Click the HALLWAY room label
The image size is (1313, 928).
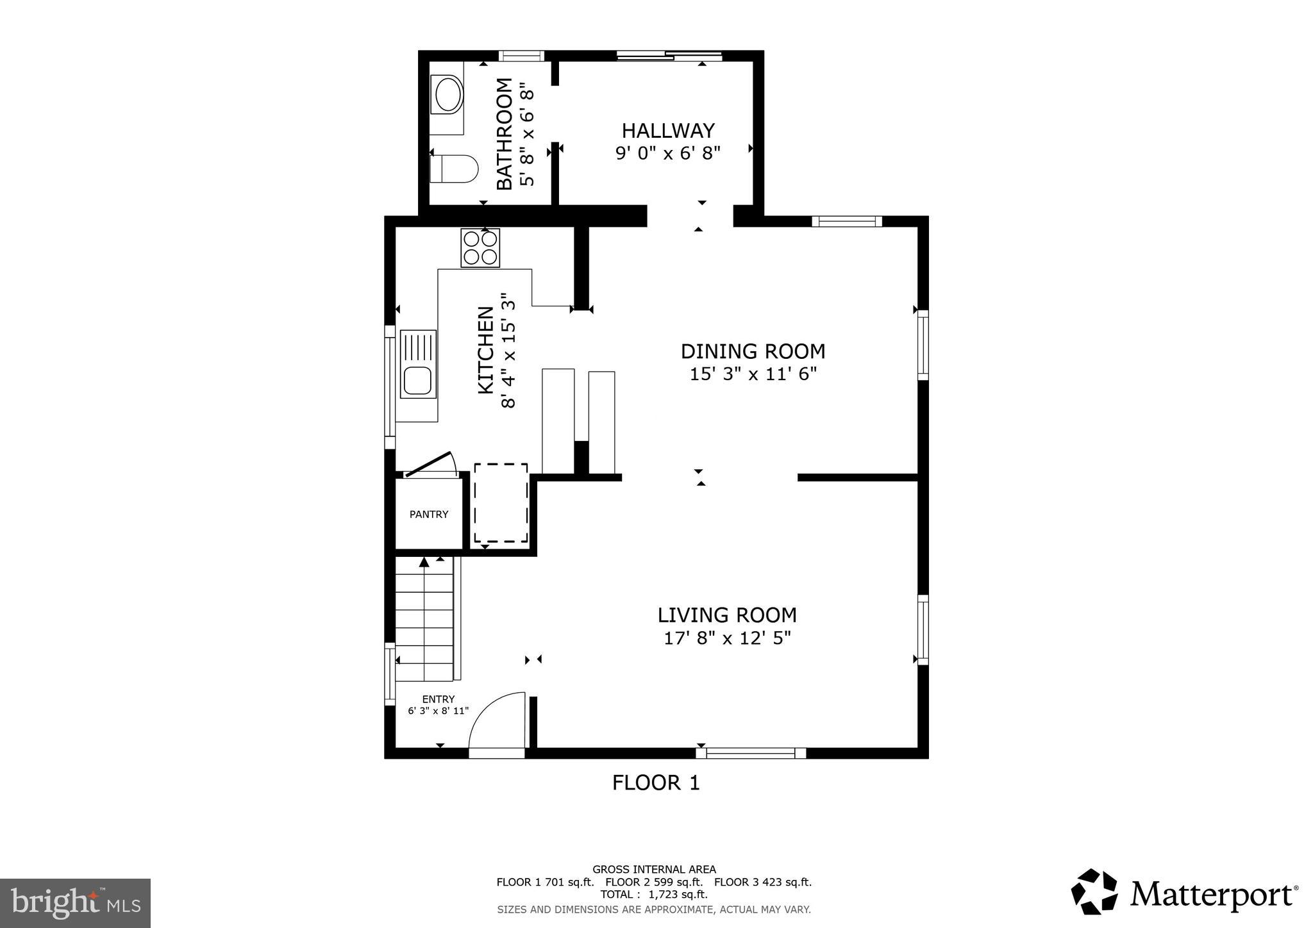coord(667,131)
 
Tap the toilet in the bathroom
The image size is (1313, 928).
coord(455,169)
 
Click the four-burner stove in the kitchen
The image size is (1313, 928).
coord(480,248)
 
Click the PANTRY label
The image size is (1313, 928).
coord(429,514)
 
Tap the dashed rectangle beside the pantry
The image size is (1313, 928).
coord(501,503)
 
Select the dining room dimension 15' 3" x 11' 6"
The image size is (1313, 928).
coord(753,374)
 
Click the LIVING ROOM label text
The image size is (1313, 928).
coord(727,615)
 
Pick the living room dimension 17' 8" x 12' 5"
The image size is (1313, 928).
coord(727,638)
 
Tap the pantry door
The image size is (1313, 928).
coord(429,465)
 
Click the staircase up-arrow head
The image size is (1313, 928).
coord(424,562)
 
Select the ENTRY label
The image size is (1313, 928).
coord(439,699)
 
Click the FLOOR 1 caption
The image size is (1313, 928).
coord(655,783)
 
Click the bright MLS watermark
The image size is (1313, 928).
coord(75,903)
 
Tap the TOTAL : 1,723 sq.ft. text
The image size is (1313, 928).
coord(654,895)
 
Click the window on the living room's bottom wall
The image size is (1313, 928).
coord(751,753)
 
